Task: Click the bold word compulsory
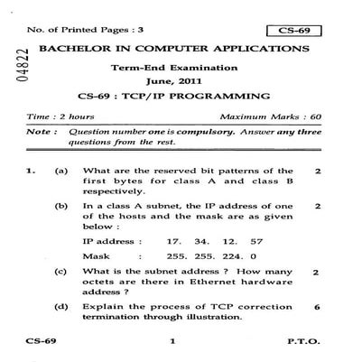coord(187,132)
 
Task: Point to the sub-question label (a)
coord(61,170)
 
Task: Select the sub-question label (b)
coord(61,206)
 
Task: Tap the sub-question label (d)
coord(61,307)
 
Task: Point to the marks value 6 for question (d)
coord(317,307)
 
